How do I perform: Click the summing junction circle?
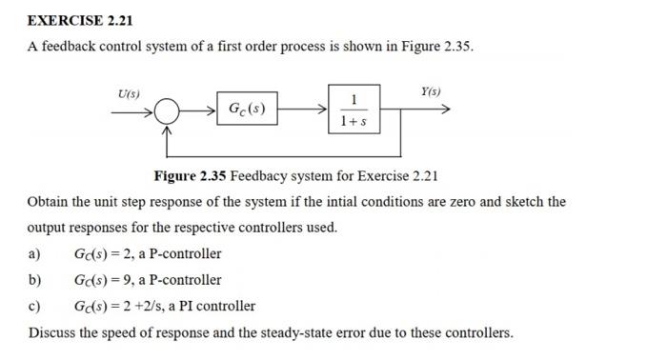pyautogui.click(x=166, y=111)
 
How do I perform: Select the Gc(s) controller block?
pyautogui.click(x=247, y=110)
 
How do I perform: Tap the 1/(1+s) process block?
pyautogui.click(x=354, y=110)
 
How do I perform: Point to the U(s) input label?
pyautogui.click(x=128, y=94)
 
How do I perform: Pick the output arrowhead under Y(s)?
pyautogui.click(x=443, y=110)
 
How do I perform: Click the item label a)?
pyautogui.click(x=35, y=254)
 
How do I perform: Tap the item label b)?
pyautogui.click(x=35, y=280)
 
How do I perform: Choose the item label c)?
pyautogui.click(x=35, y=307)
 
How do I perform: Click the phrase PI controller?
pyautogui.click(x=221, y=307)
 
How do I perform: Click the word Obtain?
pyautogui.click(x=49, y=202)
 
